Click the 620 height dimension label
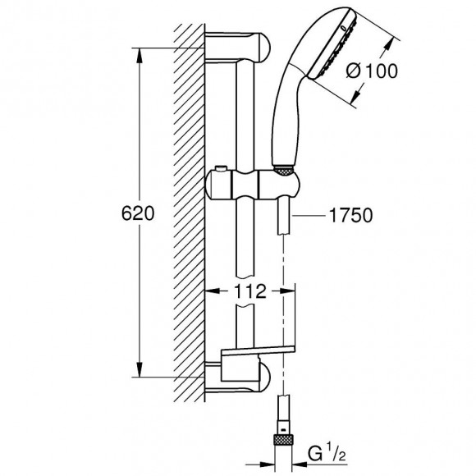click(x=138, y=213)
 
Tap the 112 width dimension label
click(x=250, y=291)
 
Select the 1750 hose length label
click(x=350, y=216)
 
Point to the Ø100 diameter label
click(x=372, y=71)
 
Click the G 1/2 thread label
click(x=327, y=455)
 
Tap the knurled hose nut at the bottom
click(x=283, y=440)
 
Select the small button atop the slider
click(x=221, y=168)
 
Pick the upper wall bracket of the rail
click(x=238, y=48)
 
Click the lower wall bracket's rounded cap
click(x=263, y=377)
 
